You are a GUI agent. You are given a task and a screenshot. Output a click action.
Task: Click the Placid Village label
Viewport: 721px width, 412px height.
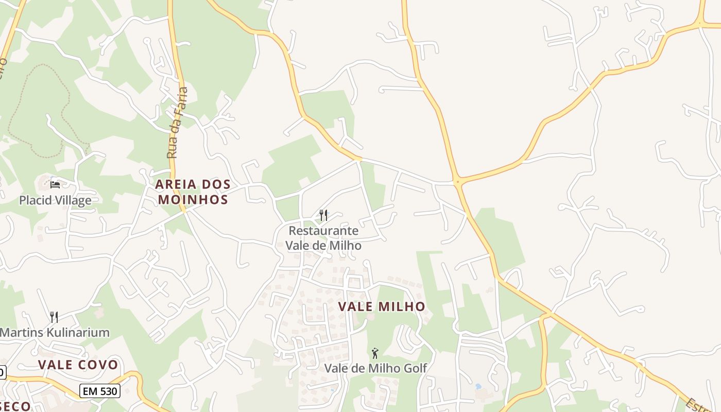pos(55,200)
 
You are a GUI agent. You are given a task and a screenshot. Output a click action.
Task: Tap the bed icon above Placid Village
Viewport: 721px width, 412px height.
pos(55,184)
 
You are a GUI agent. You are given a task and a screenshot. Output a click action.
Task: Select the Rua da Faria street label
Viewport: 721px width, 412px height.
pos(178,123)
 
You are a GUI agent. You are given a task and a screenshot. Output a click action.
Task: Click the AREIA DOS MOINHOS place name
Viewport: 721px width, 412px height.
pos(193,192)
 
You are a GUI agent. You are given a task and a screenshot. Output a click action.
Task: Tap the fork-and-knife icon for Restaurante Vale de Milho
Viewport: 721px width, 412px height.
pos(323,215)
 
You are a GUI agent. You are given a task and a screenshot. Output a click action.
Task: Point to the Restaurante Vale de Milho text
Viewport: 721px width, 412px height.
pos(323,238)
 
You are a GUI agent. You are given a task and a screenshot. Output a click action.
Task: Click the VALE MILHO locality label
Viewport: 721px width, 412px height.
pos(382,306)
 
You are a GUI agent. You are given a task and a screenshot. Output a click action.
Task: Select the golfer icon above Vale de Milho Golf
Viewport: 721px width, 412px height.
pos(375,353)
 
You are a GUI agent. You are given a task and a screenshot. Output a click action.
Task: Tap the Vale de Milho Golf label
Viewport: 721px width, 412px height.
pos(375,368)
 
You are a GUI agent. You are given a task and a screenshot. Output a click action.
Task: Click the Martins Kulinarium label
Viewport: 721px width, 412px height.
pos(55,332)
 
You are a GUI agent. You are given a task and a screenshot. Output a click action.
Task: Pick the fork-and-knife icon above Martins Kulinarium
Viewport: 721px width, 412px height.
pos(53,316)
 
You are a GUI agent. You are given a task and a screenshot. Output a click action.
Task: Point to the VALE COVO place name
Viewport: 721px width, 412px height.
pos(78,365)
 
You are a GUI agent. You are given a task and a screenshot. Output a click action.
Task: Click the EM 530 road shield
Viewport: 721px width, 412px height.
pos(100,391)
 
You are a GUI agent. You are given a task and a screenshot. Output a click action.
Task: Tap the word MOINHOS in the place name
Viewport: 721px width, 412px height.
pos(193,199)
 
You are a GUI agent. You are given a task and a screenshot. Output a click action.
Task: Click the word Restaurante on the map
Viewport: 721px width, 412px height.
pos(323,231)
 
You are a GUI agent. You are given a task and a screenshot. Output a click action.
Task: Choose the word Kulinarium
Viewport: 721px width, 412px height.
pos(78,332)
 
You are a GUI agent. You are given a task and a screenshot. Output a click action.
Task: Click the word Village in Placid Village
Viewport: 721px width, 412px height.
pos(72,200)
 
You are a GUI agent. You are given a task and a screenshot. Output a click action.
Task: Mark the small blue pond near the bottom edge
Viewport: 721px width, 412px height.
pos(478,386)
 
